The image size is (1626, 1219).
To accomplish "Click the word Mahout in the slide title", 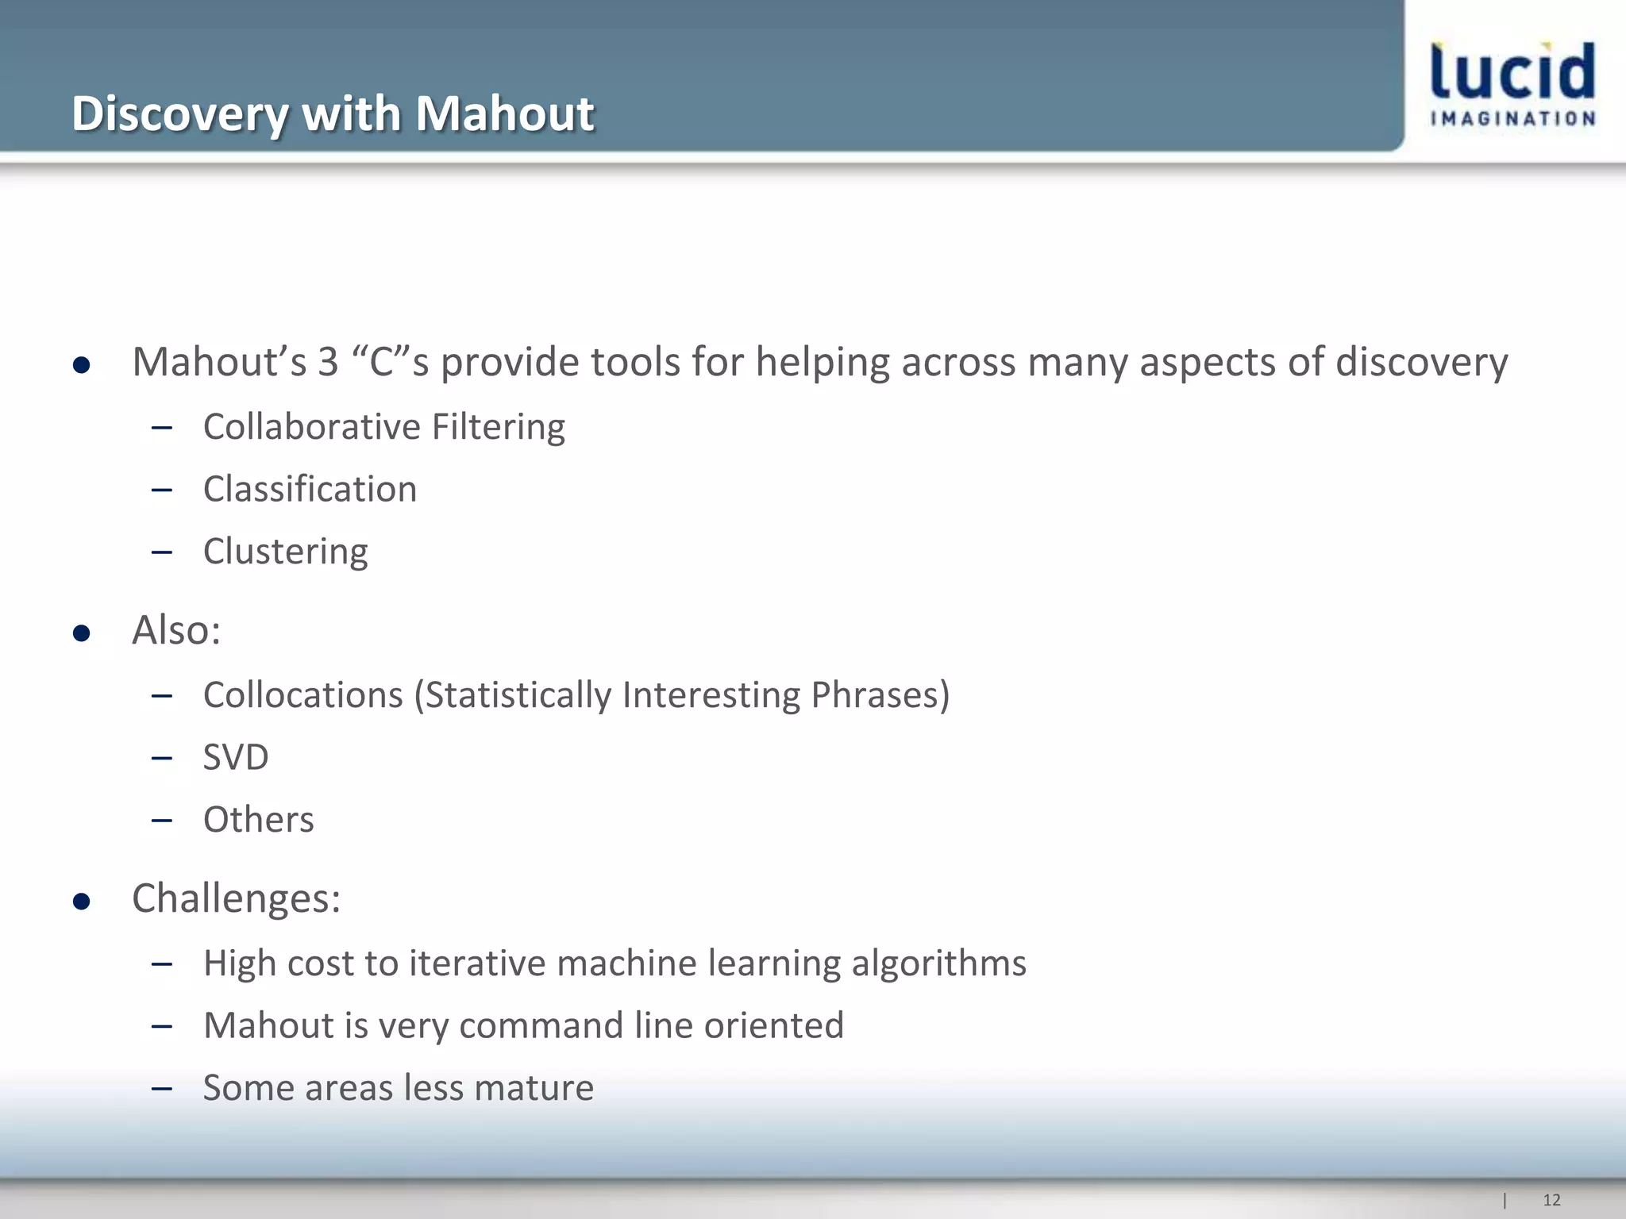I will (504, 113).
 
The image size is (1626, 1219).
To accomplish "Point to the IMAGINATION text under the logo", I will (1512, 119).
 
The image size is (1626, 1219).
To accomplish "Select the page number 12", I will (1551, 1200).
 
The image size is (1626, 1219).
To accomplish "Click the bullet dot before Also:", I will (81, 633).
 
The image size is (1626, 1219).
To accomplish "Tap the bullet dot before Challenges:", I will (81, 902).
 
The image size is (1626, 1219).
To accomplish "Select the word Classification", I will (310, 489).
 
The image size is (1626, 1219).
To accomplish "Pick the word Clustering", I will (285, 552).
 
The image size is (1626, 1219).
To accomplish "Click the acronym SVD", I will (236, 757).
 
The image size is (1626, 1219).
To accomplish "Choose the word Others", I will (258, 820).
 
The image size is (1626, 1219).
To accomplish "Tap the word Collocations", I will (303, 695).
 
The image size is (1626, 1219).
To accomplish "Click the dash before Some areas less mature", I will (162, 1088).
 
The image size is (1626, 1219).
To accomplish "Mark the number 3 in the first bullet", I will (328, 362).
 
